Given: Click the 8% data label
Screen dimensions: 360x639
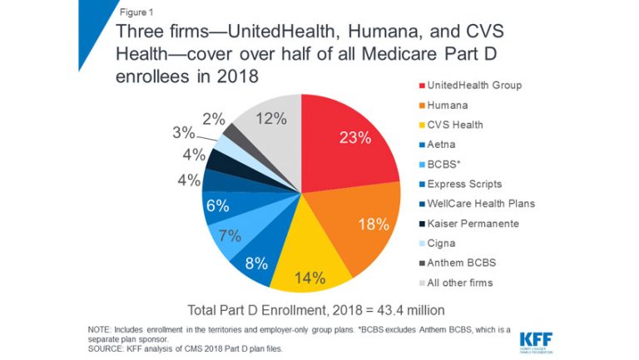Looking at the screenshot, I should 257,264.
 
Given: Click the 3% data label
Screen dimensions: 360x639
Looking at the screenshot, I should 184,133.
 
